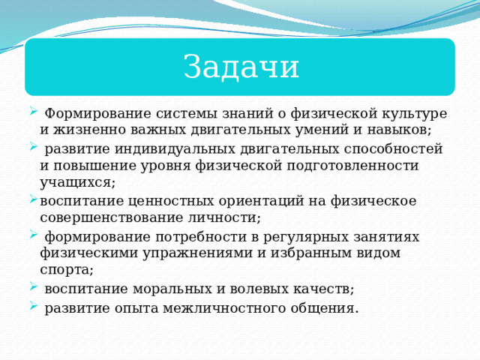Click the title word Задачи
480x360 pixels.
coord(241,67)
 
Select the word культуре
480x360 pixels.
coord(416,113)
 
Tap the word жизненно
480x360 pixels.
coord(89,129)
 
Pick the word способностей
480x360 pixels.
coord(390,148)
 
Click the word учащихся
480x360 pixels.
coord(77,182)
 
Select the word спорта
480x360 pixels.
coord(66,269)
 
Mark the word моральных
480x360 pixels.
coord(180,288)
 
